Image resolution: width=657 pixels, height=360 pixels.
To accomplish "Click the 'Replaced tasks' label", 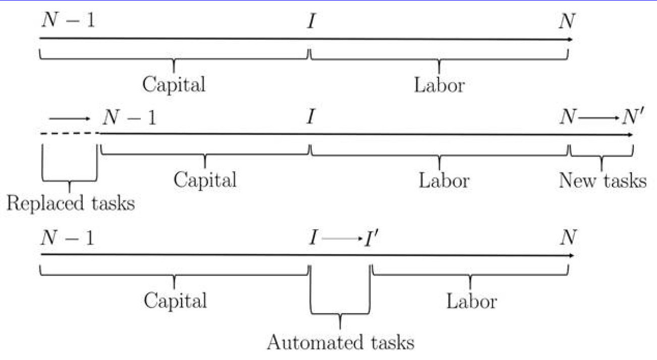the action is pyautogui.click(x=71, y=203).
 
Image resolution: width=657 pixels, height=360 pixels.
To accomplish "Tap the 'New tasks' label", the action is pyautogui.click(x=603, y=180).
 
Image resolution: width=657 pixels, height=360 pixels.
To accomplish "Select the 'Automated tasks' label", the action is pyautogui.click(x=341, y=342).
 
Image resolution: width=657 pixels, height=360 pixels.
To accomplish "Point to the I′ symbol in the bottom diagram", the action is pyautogui.click(x=371, y=238).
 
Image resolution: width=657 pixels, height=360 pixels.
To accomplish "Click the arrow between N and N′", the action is pyautogui.click(x=598, y=118).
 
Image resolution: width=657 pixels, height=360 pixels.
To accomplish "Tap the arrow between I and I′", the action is pyautogui.click(x=342, y=238).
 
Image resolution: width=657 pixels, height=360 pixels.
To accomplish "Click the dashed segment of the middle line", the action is pyautogui.click(x=71, y=133).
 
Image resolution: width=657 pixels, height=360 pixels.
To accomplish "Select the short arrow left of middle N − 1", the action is pyautogui.click(x=70, y=119).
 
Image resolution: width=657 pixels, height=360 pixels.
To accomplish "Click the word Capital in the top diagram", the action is pyautogui.click(x=174, y=84).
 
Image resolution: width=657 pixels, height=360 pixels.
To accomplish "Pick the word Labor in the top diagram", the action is pyautogui.click(x=440, y=85).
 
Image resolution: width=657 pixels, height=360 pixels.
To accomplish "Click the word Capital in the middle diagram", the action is pyautogui.click(x=205, y=180).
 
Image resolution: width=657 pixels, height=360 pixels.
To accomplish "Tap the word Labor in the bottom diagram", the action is pyautogui.click(x=472, y=301).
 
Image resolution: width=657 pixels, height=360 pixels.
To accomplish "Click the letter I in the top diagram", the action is pyautogui.click(x=311, y=21).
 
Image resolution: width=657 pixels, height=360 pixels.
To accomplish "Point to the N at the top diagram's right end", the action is pyautogui.click(x=567, y=21).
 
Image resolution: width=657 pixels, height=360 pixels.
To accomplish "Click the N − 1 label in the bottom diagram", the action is pyautogui.click(x=68, y=237).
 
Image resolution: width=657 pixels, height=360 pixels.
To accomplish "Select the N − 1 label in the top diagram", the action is pyautogui.click(x=68, y=20).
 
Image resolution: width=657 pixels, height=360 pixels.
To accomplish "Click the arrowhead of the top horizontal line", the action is pyautogui.click(x=570, y=39).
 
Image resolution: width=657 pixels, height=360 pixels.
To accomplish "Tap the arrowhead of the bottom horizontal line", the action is pyautogui.click(x=571, y=256).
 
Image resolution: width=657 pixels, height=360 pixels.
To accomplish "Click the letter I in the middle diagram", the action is pyautogui.click(x=311, y=117).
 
